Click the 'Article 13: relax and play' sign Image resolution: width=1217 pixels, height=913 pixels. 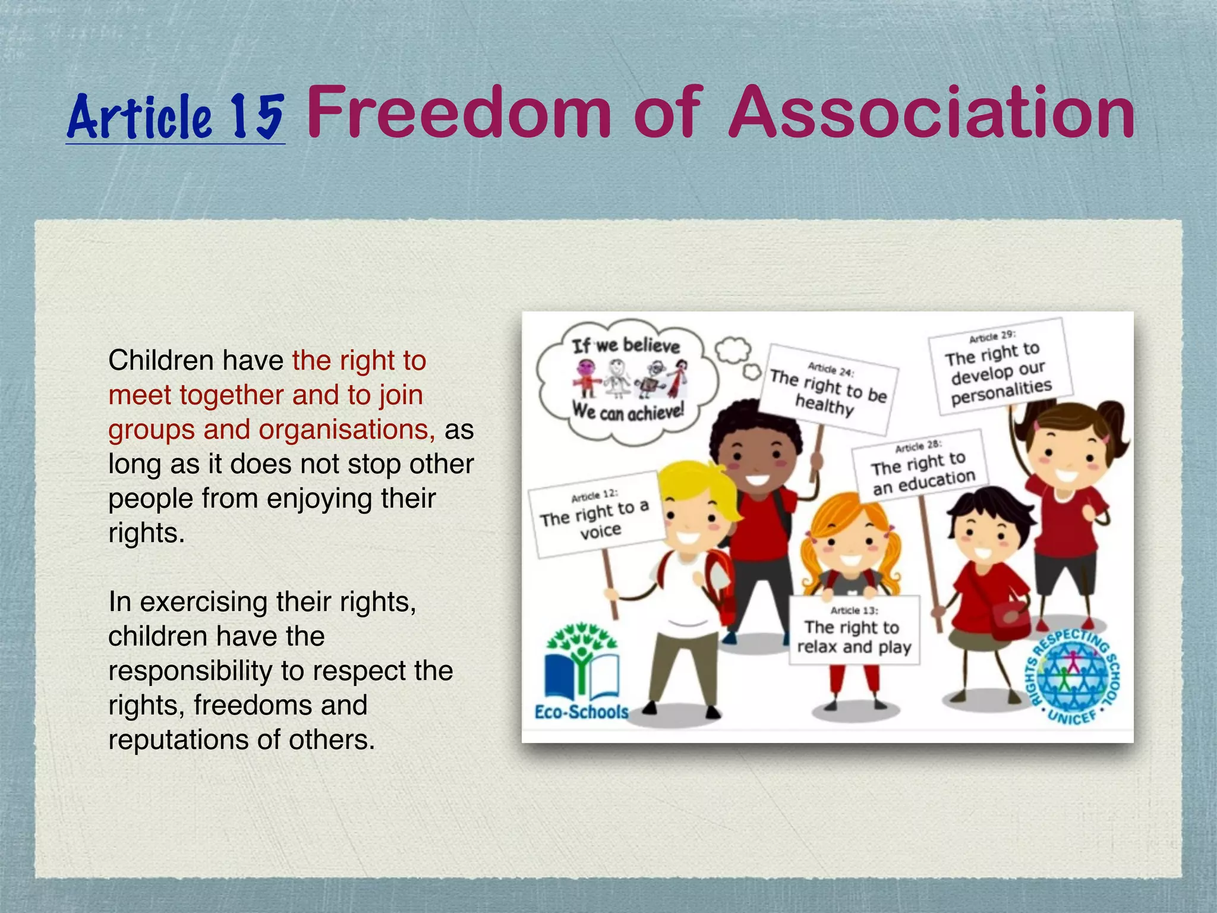[x=854, y=631]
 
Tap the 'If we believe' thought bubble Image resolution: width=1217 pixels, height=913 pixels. [x=627, y=380]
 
